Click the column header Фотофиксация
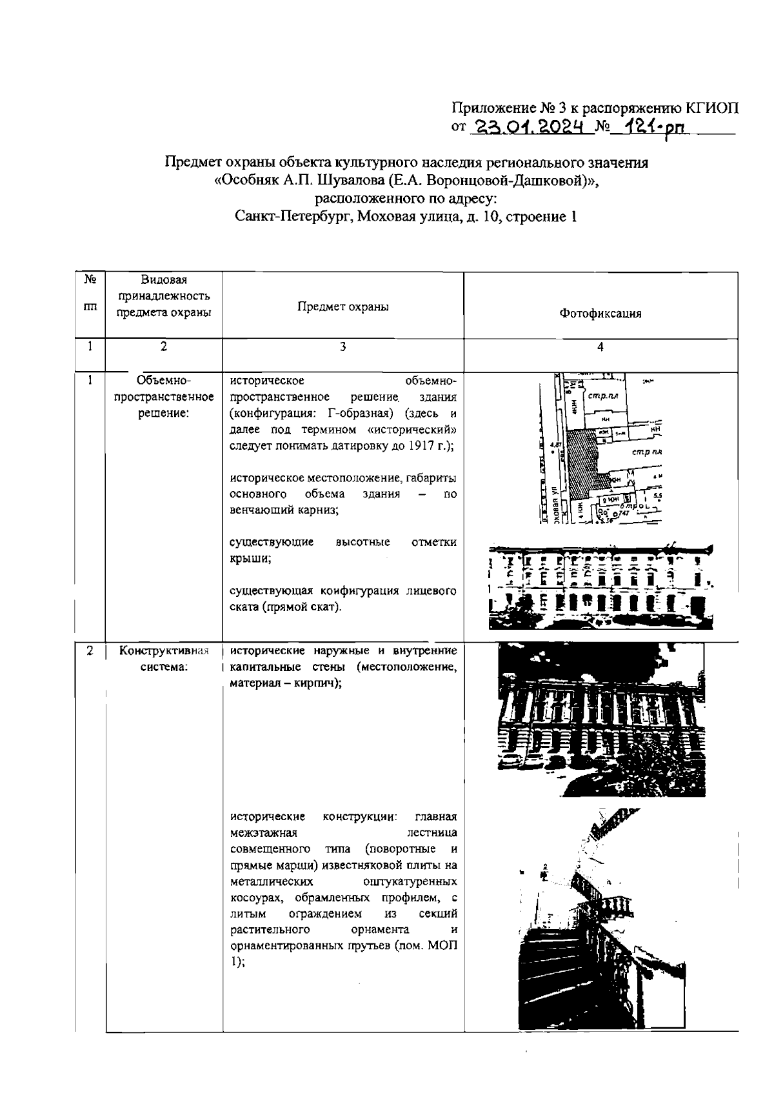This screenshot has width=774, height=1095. (x=600, y=314)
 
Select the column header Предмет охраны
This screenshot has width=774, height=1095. (x=342, y=307)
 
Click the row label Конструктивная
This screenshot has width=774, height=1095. (x=164, y=650)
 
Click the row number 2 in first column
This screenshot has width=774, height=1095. (x=90, y=650)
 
